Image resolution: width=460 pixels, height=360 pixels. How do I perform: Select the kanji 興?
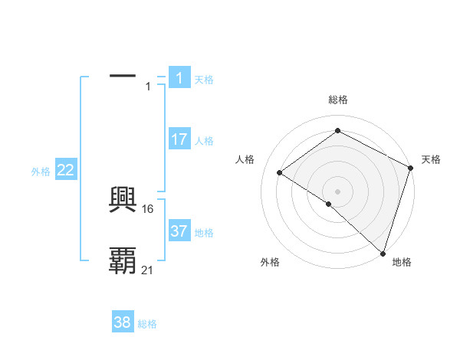coord(123,201)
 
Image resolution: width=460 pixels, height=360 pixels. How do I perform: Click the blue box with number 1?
coord(179,78)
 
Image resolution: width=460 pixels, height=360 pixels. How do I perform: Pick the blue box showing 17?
coord(179,139)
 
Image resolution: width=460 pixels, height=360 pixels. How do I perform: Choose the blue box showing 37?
coord(179,231)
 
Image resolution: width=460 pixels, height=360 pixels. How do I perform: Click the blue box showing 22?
coord(66,170)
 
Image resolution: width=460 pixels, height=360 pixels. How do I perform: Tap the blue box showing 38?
coord(123,322)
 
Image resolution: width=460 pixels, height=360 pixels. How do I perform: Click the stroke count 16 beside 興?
coord(149,208)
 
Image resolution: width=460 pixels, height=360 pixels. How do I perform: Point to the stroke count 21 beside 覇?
coord(148,270)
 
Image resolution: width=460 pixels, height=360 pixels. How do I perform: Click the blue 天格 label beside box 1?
coord(204,80)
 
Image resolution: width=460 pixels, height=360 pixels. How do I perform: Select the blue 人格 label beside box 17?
coord(204,141)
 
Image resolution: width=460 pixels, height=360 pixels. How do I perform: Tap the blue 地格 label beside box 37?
coord(204,233)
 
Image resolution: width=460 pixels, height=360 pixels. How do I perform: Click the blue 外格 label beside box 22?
coord(41,172)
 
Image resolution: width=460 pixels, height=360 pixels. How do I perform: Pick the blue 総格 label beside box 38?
coord(147,324)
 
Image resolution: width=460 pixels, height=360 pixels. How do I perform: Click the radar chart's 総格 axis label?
coord(338,100)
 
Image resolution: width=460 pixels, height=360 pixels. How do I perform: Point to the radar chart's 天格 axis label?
coord(431,159)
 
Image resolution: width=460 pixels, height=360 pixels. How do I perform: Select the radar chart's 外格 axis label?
coord(270,262)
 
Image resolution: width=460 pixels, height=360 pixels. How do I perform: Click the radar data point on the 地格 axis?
coord(383,253)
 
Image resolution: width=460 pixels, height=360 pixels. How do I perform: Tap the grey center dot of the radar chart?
coord(338,191)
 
